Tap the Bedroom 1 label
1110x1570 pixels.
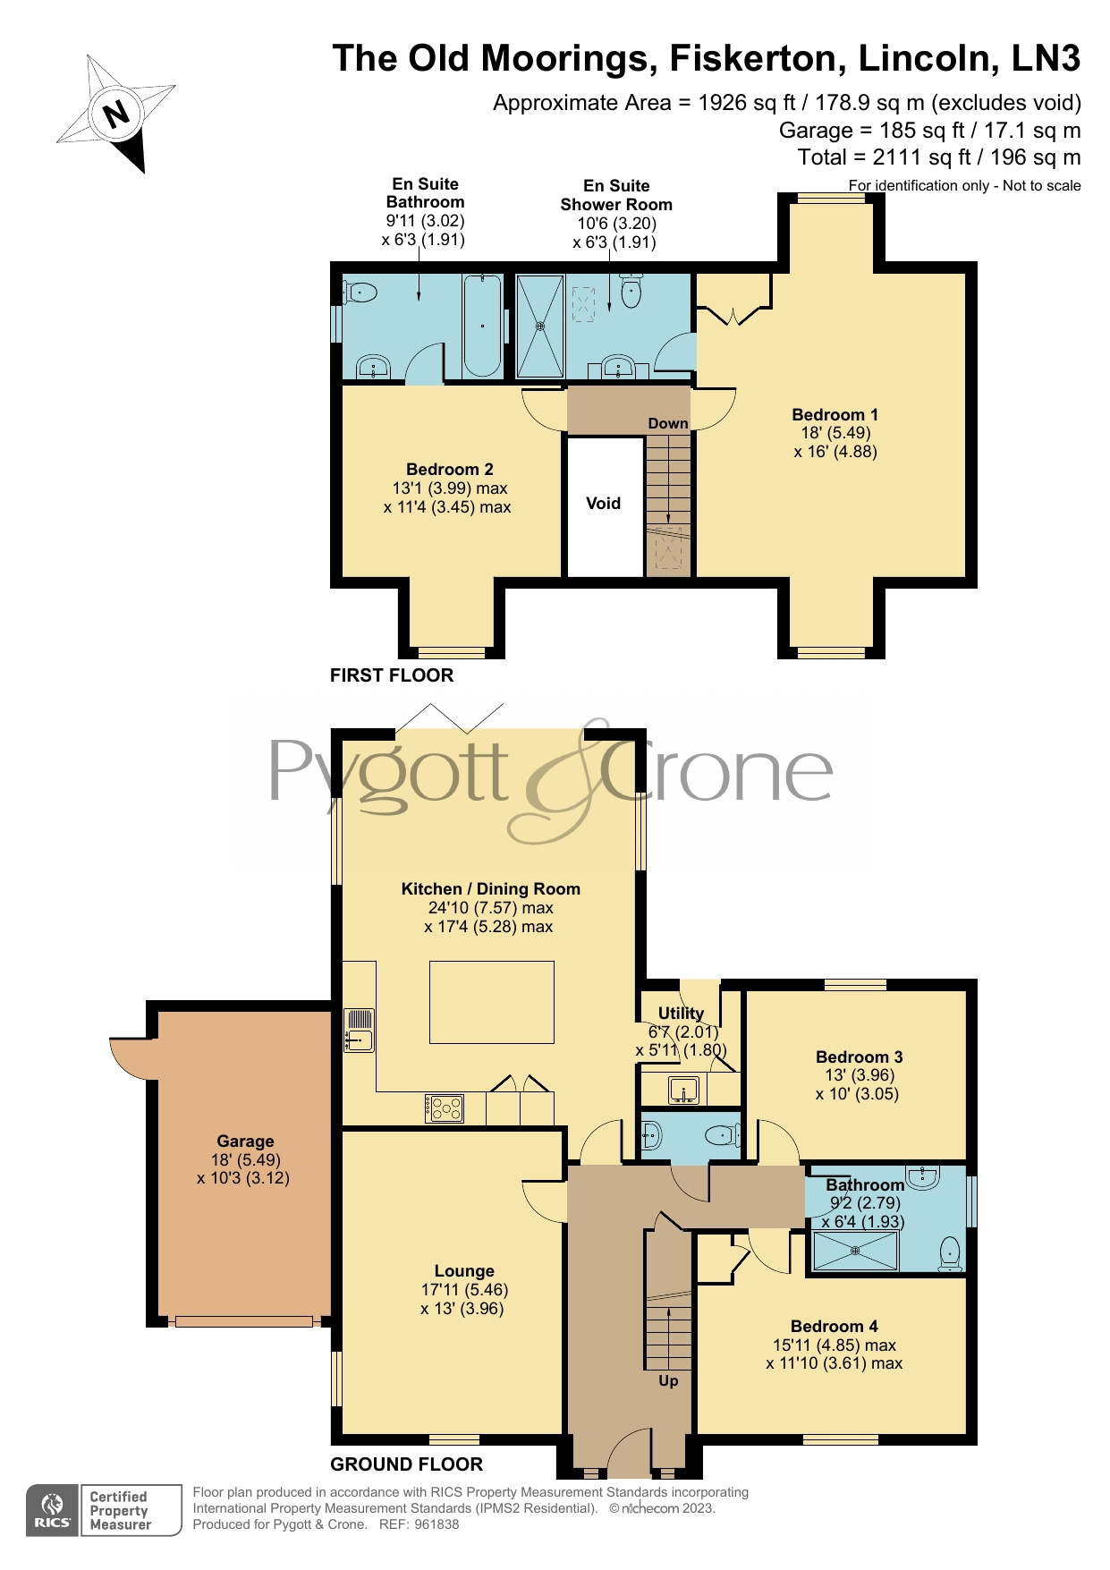tap(835, 415)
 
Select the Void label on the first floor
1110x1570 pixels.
tap(603, 504)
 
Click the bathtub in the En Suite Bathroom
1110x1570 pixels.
tap(481, 326)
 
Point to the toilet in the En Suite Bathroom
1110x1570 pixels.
tap(360, 292)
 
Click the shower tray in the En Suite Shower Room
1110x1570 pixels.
tap(540, 327)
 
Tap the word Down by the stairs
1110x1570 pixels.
tap(668, 423)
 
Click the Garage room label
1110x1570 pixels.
tap(245, 1141)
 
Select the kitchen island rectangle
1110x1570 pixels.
tap(491, 1002)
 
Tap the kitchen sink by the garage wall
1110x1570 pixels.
tap(359, 1030)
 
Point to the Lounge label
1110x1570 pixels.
tap(464, 1271)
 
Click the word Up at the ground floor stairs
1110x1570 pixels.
tap(668, 1380)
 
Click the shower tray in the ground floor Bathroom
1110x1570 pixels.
tap(854, 1251)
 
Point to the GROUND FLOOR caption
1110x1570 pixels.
tap(407, 1464)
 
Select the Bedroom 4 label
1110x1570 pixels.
tap(834, 1327)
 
